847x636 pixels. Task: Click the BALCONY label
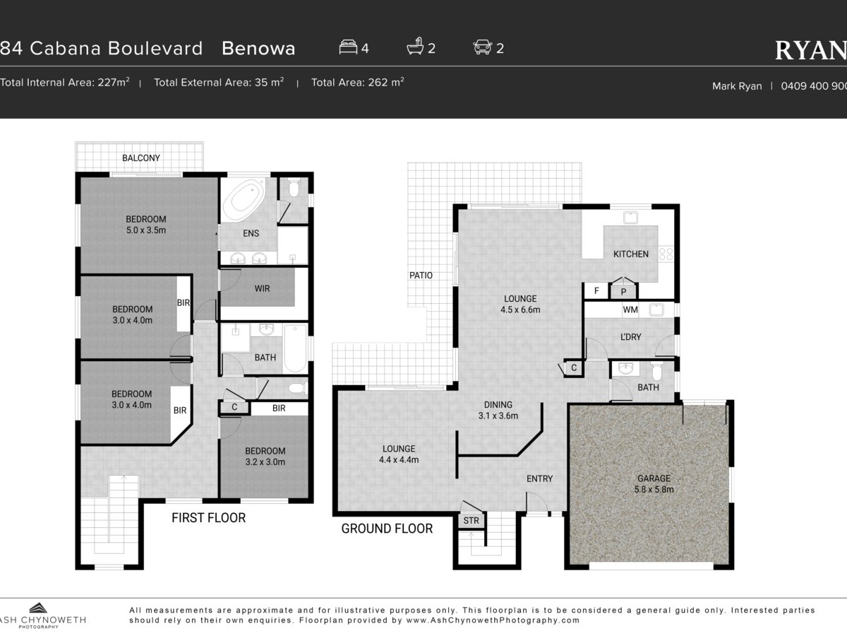[x=141, y=158]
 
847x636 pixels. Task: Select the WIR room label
[x=262, y=288]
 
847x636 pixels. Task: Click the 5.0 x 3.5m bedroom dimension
[x=146, y=230]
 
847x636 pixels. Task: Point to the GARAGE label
[x=654, y=478]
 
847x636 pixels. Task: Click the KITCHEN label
[x=631, y=254]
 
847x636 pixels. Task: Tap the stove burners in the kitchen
[x=666, y=254]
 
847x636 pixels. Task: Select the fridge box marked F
[x=596, y=290]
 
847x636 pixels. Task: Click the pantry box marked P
[x=623, y=292]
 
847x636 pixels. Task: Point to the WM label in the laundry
[x=630, y=310]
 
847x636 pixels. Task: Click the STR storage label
[x=471, y=521]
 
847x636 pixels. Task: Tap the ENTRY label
[x=539, y=479]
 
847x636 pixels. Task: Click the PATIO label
[x=421, y=276]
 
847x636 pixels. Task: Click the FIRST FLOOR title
[x=208, y=518]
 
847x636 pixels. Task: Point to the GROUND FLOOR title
[x=387, y=529]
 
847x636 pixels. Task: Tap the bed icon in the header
[x=348, y=47]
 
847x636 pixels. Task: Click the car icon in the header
[x=482, y=47]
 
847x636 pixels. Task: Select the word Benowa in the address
[x=258, y=49]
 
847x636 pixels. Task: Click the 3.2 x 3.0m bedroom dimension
[x=265, y=462]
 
